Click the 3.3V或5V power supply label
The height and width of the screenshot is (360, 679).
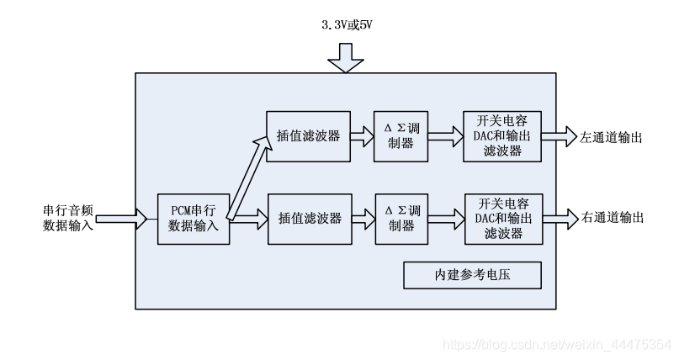tap(346, 25)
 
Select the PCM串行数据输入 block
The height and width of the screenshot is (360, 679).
tap(194, 218)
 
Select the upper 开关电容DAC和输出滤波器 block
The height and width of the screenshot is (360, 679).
tap(502, 135)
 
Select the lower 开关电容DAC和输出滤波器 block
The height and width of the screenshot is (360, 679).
tap(502, 218)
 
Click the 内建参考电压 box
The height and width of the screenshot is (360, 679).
tap(471, 276)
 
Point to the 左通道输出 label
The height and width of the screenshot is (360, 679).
tap(612, 136)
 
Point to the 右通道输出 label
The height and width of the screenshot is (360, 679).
tap(612, 218)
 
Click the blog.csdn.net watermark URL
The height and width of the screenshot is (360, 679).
tap(556, 344)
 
